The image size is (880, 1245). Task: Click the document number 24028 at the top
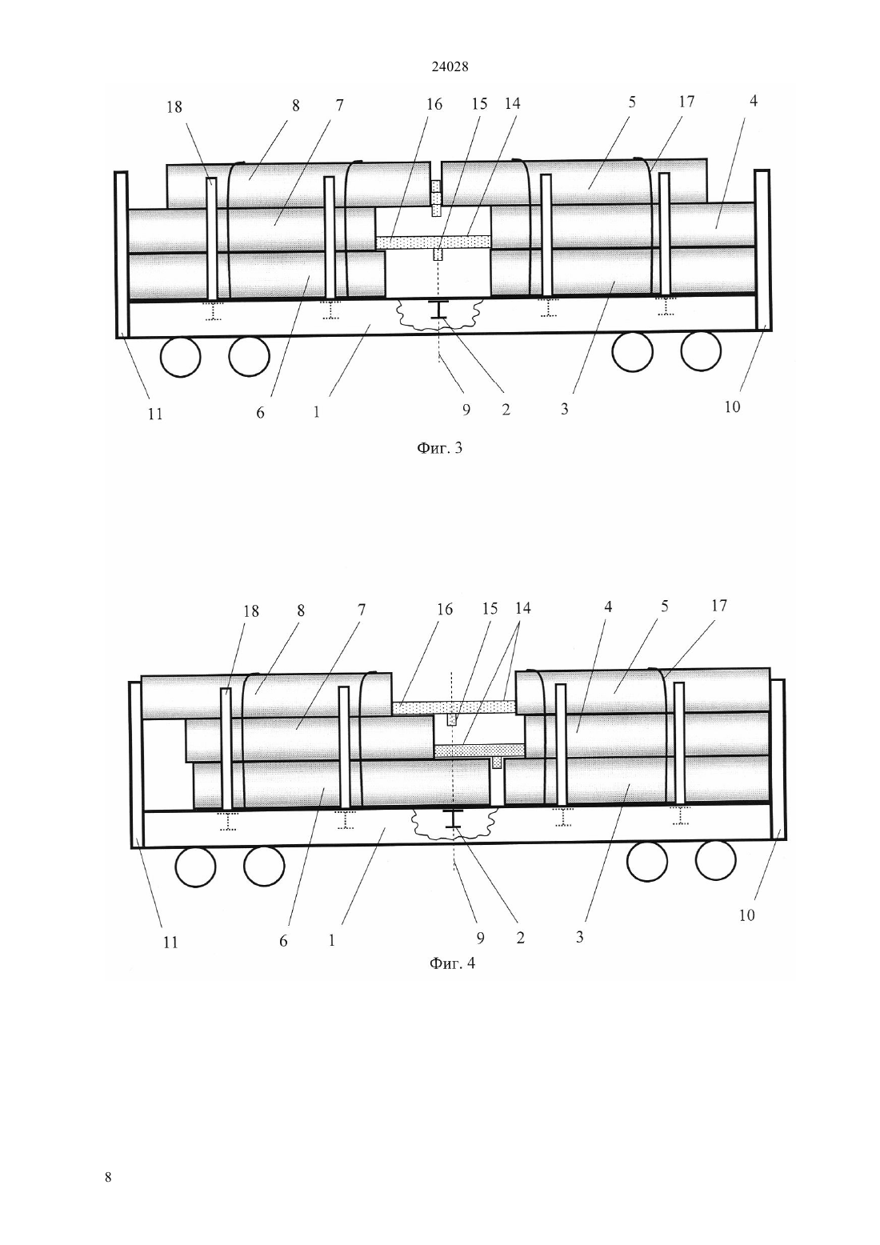(450, 66)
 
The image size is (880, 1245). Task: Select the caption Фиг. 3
(439, 448)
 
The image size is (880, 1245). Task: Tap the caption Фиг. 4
(453, 963)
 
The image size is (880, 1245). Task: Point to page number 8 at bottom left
(108, 1177)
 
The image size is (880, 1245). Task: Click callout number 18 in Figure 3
(174, 106)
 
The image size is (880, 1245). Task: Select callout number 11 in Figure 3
(155, 414)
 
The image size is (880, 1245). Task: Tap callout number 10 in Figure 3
(732, 406)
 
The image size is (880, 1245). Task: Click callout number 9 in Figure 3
(466, 410)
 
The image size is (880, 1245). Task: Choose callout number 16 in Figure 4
(445, 609)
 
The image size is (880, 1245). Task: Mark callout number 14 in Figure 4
(522, 608)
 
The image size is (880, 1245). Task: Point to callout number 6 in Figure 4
(283, 941)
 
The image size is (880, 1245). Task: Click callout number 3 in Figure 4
(579, 937)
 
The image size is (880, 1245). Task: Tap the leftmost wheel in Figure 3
(181, 357)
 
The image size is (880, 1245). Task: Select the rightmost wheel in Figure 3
(701, 350)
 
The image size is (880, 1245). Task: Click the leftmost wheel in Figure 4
(195, 866)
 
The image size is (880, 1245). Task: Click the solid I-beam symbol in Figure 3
(438, 310)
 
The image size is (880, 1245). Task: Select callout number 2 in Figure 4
(520, 938)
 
